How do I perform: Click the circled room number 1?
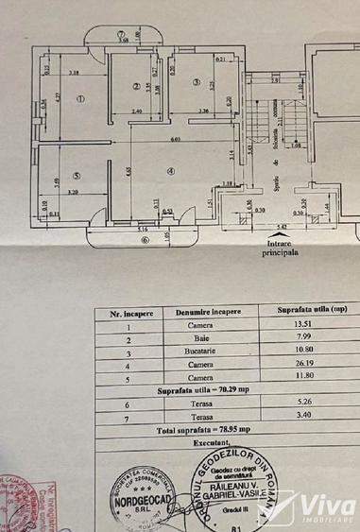[81, 98]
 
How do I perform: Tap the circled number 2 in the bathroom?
[136, 85]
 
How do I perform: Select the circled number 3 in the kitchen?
[196, 83]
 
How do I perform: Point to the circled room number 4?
[170, 171]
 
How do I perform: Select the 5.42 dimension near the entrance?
[283, 228]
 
